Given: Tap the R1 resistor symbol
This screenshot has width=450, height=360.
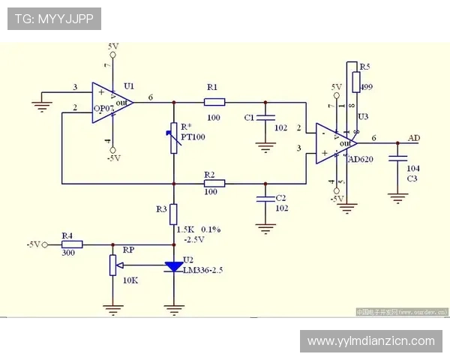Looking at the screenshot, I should [x=214, y=101].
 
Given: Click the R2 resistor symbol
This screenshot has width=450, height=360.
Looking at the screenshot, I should [x=214, y=182].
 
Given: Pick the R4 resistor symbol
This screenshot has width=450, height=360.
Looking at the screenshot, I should [x=72, y=244].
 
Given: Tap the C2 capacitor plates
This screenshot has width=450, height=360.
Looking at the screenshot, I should [x=263, y=198].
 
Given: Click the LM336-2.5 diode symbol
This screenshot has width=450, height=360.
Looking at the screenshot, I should [x=173, y=266].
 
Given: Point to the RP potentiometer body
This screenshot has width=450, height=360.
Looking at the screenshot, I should [x=112, y=265].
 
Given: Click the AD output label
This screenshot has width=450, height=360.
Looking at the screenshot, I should [x=414, y=139].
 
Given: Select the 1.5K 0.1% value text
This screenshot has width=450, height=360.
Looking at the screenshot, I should [x=198, y=228].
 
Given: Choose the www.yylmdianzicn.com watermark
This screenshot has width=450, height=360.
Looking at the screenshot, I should [x=370, y=341].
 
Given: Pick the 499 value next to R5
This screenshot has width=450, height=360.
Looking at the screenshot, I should [x=367, y=87].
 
